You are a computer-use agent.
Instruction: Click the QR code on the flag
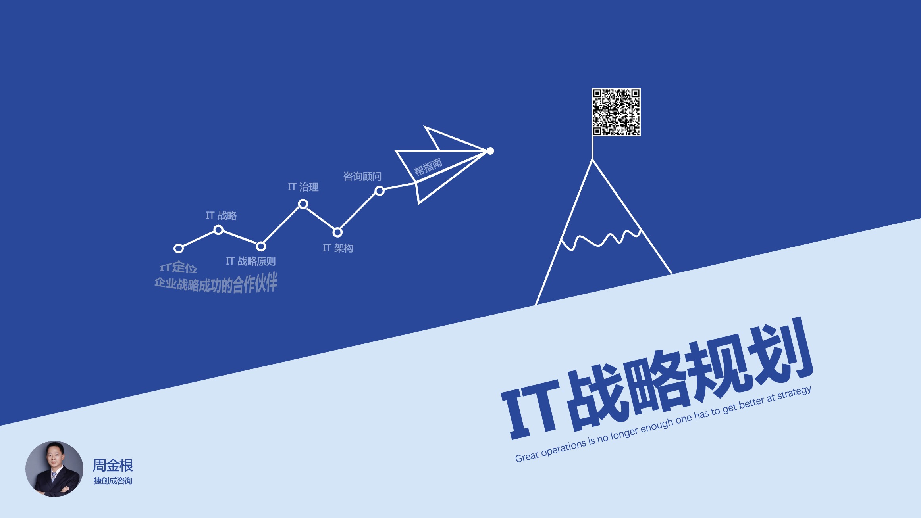click(x=616, y=112)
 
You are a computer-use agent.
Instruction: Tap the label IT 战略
click(x=221, y=215)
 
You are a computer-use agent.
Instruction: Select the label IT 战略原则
click(x=250, y=261)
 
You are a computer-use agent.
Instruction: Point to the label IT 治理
click(x=303, y=187)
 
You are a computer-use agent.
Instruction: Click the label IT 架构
click(x=338, y=248)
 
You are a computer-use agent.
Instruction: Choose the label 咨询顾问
click(x=362, y=176)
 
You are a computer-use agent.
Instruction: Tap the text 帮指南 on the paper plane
click(x=428, y=167)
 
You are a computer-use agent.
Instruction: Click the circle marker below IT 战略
click(x=218, y=230)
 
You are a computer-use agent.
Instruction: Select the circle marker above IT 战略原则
click(x=261, y=246)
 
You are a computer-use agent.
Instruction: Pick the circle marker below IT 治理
click(x=303, y=204)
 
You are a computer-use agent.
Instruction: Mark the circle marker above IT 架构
click(x=337, y=232)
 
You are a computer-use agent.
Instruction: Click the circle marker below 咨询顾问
click(x=380, y=191)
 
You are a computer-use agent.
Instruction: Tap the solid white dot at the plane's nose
click(x=490, y=151)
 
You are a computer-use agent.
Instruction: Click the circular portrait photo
click(x=54, y=469)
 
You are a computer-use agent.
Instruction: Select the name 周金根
click(x=113, y=465)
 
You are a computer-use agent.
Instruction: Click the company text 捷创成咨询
click(x=113, y=481)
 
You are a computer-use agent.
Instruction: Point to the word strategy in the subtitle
click(x=794, y=393)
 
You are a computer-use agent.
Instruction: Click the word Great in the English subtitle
click(x=526, y=456)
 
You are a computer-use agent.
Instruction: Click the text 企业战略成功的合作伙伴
click(x=216, y=283)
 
